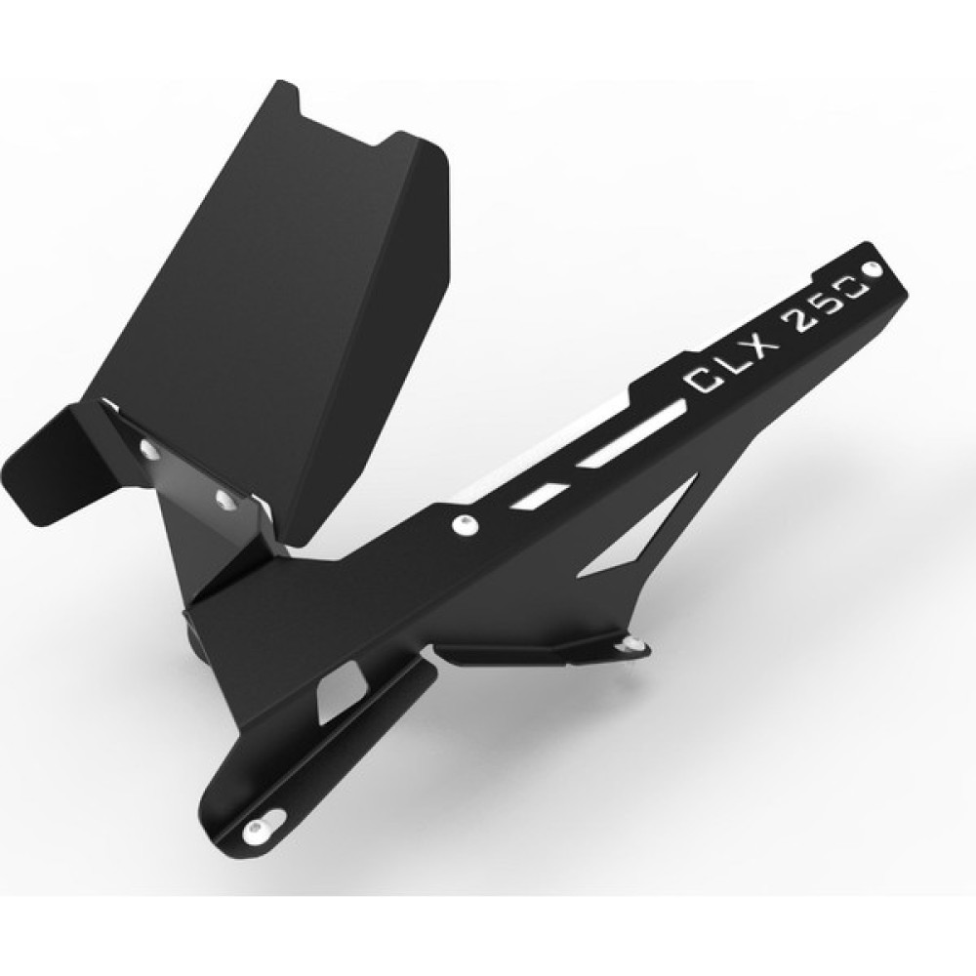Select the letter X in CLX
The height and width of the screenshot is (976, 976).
pos(757,348)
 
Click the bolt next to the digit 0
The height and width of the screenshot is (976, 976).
pos(874,270)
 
